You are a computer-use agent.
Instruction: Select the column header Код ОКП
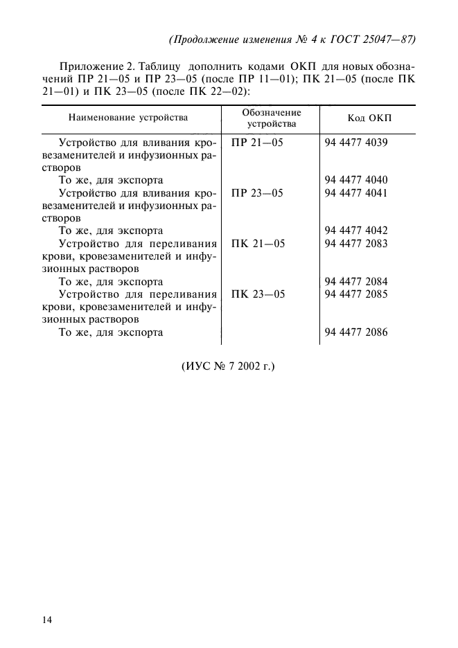tap(369, 118)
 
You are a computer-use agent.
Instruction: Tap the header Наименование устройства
tap(128, 118)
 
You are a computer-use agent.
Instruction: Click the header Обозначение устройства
tap(272, 118)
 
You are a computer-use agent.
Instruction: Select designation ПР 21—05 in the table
tap(257, 142)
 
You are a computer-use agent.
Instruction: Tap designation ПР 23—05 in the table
tap(257, 192)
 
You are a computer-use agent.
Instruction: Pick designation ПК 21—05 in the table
tap(257, 243)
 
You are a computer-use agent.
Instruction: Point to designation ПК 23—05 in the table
tap(257, 294)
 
